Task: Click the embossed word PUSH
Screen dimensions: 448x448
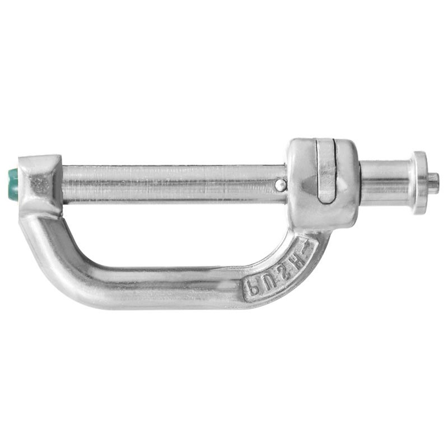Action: coord(277,274)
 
